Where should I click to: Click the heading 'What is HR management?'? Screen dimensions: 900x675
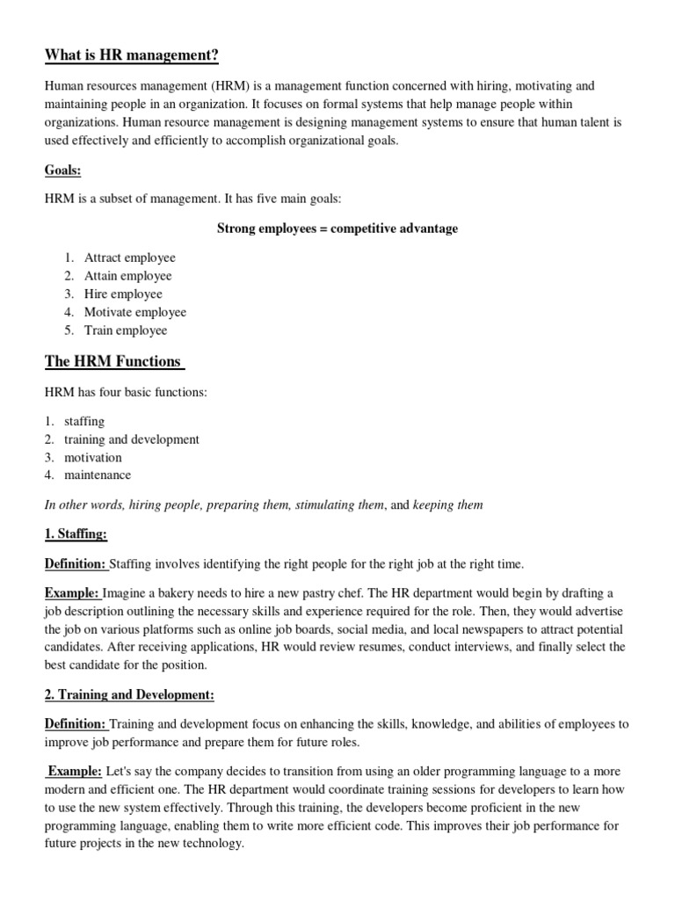(132, 57)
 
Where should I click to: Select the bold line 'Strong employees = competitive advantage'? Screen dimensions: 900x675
(337, 229)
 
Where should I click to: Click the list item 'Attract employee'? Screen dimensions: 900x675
(130, 258)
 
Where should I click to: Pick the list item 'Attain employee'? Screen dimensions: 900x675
(128, 276)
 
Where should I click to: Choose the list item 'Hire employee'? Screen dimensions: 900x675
(123, 294)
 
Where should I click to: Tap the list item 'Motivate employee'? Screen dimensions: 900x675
(135, 312)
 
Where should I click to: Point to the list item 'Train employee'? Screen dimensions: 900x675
(126, 330)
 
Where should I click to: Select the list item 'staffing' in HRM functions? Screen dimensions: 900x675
(84, 421)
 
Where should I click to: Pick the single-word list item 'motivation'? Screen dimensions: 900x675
(93, 457)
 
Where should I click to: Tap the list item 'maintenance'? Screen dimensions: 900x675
(98, 475)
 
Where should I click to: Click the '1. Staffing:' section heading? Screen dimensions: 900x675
(76, 534)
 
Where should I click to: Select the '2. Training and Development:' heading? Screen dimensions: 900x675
(130, 695)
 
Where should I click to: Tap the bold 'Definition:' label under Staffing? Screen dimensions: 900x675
(76, 563)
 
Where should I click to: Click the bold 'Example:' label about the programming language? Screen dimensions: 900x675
(75, 771)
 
